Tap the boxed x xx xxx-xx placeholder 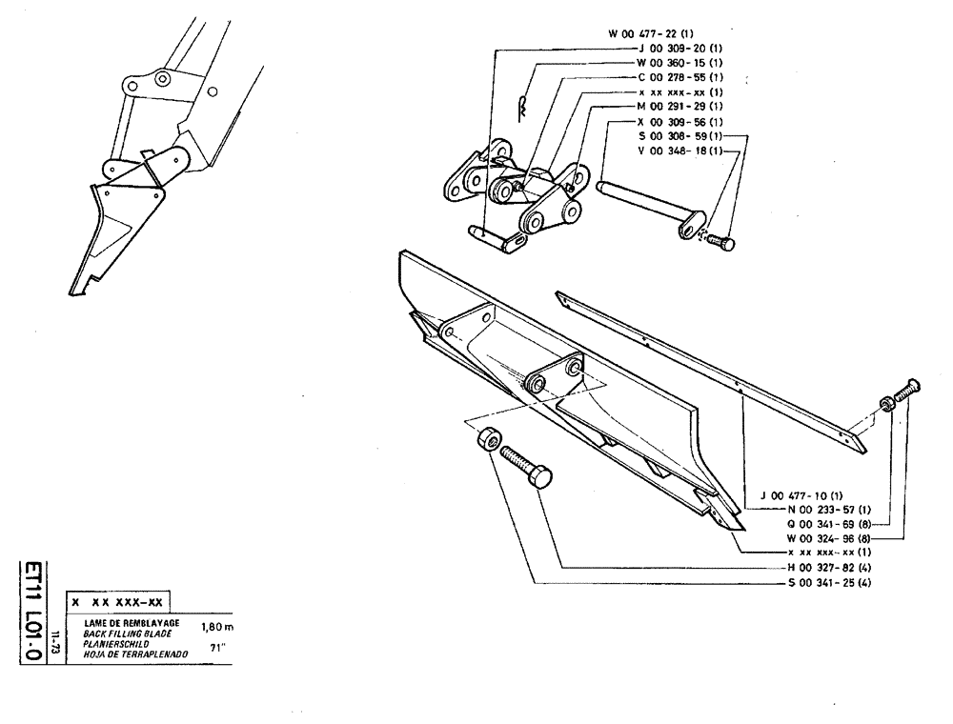(x=117, y=604)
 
